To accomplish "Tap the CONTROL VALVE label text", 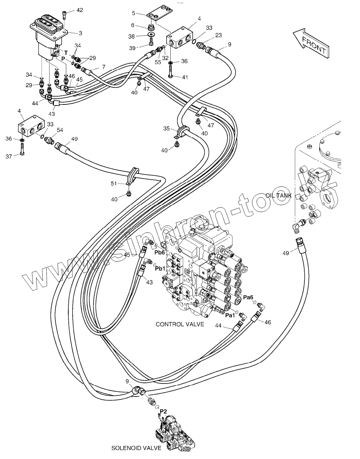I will point(180,324).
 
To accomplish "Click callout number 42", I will point(80,10).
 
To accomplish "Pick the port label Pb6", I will point(160,252).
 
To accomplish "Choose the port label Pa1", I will point(230,316).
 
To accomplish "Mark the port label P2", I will point(163,411).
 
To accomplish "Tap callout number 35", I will point(166,128).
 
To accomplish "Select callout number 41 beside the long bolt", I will point(185,77).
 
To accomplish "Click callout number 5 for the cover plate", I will point(133,13).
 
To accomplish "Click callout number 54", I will point(60,130).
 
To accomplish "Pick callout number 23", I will point(218,35).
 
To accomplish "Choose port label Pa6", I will point(248,297).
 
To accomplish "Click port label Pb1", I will point(160,269).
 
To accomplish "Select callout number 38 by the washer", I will point(132,37).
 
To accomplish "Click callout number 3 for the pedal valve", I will point(80,33).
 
